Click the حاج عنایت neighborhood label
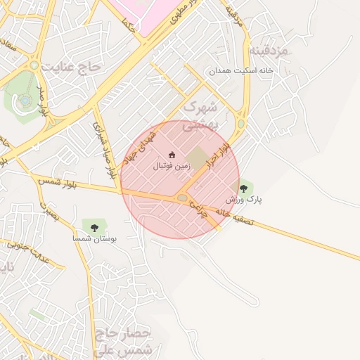pos(72,67)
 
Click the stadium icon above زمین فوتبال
pos(172,155)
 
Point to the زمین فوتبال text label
pos(172,167)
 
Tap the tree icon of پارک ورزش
pos(244,188)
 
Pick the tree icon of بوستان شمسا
pos(94,226)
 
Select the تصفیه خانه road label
pos(239,217)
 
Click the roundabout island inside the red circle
pos(183,198)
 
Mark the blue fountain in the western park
pos(26,101)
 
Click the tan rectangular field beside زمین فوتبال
pos(198,157)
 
